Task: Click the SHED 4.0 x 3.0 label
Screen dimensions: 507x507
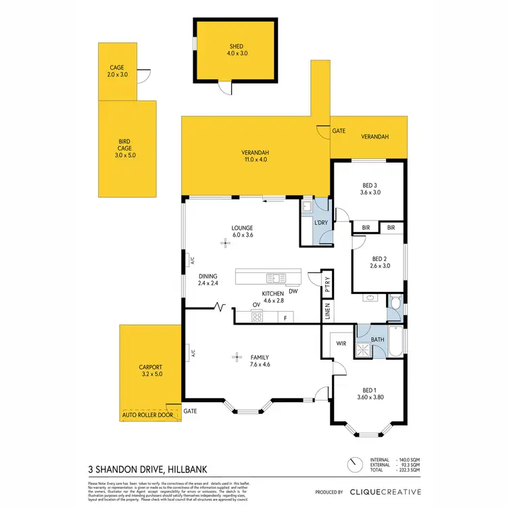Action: [x=236, y=50]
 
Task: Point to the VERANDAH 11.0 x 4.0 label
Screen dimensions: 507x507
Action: [x=256, y=156]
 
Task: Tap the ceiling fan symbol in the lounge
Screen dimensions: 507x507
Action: [x=226, y=243]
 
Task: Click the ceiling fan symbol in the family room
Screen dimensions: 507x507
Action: [x=236, y=356]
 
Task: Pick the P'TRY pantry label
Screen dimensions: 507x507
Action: [x=327, y=284]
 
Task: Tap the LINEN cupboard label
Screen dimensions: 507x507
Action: [x=327, y=312]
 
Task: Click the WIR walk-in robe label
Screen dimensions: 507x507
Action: [x=341, y=343]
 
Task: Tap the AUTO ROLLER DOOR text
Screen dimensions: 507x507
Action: [x=147, y=414]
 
